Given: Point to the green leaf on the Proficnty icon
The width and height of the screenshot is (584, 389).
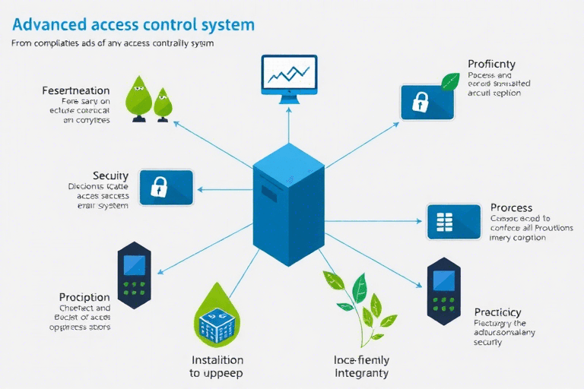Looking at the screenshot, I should click(450, 80).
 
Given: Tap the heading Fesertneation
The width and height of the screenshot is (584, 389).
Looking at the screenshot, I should click(75, 91).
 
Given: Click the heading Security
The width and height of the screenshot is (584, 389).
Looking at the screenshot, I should click(109, 176).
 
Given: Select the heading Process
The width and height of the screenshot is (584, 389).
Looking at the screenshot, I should click(511, 207).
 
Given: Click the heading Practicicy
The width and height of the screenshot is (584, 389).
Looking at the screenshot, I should click(497, 312).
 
